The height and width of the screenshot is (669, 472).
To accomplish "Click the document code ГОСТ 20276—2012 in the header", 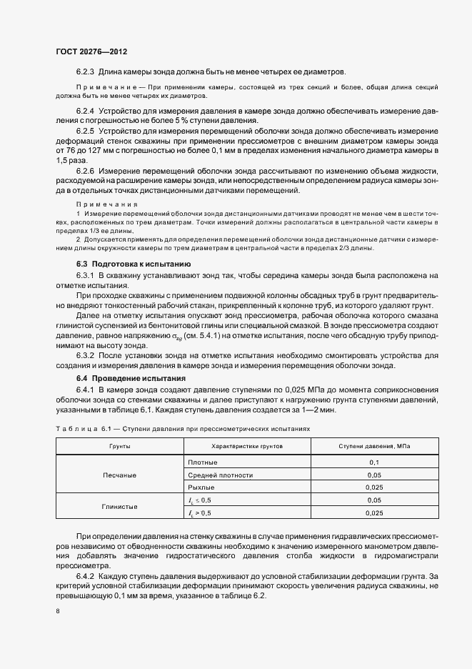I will click(91, 52).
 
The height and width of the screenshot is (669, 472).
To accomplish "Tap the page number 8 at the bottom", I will click(58, 611).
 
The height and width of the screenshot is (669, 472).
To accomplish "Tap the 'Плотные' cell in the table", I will click(202, 462).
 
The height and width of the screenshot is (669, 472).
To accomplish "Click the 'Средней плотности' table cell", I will click(220, 475).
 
